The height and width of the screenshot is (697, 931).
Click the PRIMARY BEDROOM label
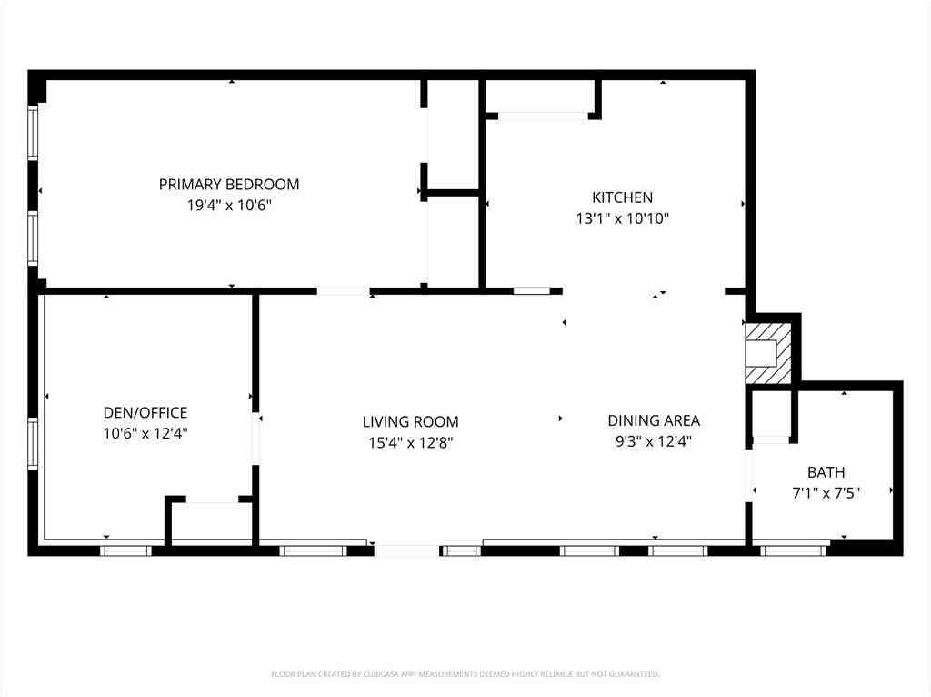228,184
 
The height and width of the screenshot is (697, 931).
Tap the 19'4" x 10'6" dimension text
229,206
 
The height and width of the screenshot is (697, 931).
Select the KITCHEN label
622,197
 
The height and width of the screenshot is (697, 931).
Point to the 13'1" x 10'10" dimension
622,218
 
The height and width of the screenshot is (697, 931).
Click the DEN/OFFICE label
145,412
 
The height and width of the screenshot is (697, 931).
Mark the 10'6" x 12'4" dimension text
145,434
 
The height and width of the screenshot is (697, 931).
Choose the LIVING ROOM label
410,422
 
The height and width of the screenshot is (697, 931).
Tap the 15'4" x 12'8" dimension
410,443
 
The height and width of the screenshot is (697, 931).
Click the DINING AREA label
654,420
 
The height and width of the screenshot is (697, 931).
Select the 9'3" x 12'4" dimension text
654,441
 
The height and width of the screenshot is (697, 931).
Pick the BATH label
826,472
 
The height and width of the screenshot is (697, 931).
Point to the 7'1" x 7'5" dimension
826,493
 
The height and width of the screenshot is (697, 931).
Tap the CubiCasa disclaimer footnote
465,674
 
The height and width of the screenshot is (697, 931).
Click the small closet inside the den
211,524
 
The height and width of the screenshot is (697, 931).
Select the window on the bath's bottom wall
793,551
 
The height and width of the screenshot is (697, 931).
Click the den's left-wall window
33,444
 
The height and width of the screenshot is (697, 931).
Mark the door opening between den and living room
255,439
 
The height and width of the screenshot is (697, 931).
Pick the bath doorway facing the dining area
749,476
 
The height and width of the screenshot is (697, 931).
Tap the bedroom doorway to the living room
343,291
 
